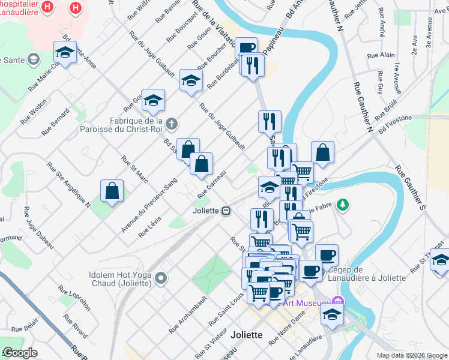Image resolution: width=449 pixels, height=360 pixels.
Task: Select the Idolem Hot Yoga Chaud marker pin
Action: coord(161,278)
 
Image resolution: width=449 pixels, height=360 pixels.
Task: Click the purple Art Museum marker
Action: coord(338,300)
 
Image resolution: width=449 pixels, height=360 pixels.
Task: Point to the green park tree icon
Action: coord(343,205)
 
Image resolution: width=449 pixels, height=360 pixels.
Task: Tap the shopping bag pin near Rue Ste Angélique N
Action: coord(112,191)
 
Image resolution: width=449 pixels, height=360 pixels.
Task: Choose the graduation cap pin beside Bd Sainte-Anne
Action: coord(65,53)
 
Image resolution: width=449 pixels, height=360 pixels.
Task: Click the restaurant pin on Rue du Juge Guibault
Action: coord(270,121)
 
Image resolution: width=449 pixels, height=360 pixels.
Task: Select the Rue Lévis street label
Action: coord(150,226)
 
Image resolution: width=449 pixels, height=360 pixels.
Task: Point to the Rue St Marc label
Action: coord(134,170)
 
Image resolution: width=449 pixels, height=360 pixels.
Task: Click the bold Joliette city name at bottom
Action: coord(246,335)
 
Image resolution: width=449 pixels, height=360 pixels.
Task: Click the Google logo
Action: coord(19,352)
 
